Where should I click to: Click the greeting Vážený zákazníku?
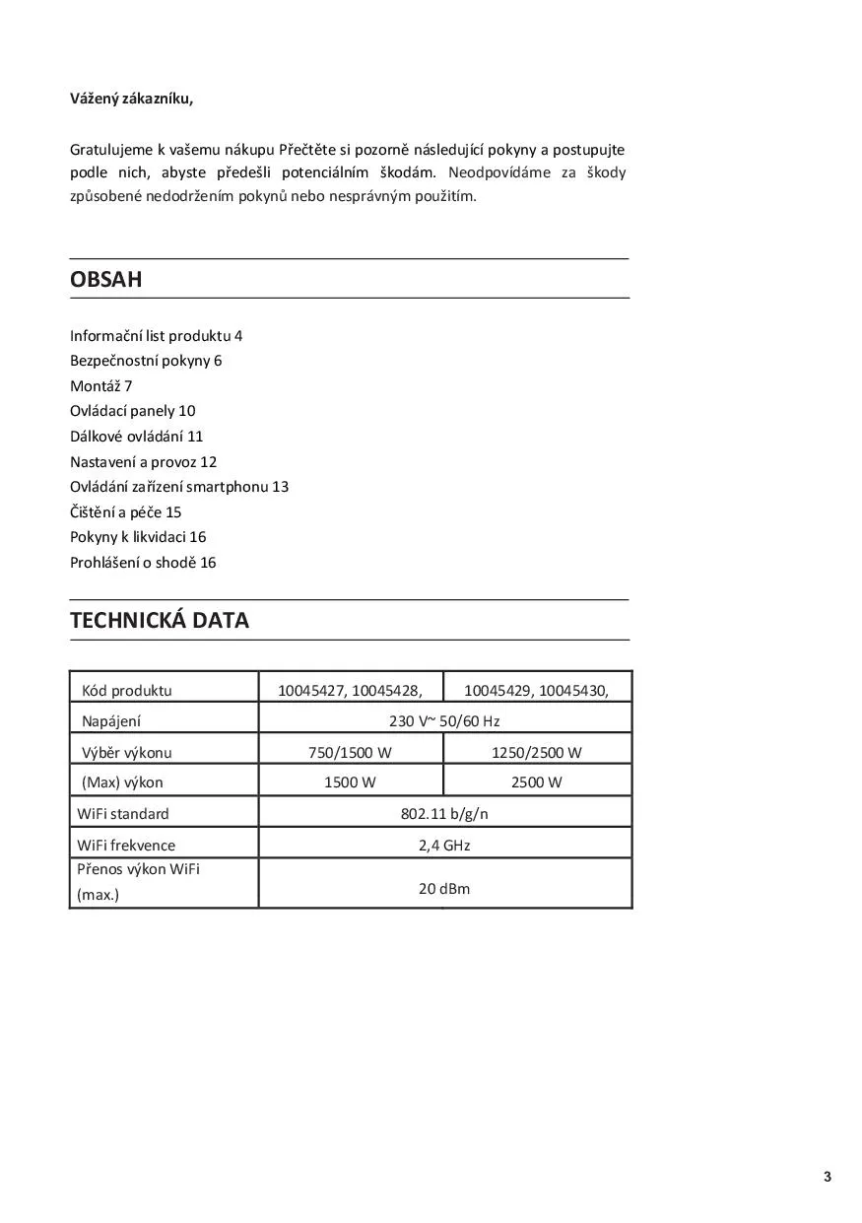click(131, 98)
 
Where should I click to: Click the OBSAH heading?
click(106, 279)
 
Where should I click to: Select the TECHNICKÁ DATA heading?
click(160, 620)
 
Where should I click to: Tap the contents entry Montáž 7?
click(100, 385)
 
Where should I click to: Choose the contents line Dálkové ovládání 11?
click(136, 436)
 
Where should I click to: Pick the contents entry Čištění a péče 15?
click(126, 511)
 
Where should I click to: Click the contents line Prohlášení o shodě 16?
click(143, 562)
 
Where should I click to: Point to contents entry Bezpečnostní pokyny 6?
click(146, 360)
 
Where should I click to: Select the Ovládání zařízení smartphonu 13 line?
click(179, 486)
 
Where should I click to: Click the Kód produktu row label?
click(126, 690)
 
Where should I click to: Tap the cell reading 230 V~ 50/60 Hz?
click(444, 720)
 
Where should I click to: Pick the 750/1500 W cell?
click(350, 752)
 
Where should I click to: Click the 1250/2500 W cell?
click(536, 752)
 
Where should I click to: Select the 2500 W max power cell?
click(536, 782)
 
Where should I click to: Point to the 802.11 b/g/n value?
click(444, 813)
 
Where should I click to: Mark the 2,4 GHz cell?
click(444, 845)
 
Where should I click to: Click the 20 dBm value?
click(444, 888)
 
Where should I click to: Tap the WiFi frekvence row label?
click(126, 845)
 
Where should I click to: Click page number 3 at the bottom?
click(828, 1177)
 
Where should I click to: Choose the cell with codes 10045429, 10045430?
click(536, 690)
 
